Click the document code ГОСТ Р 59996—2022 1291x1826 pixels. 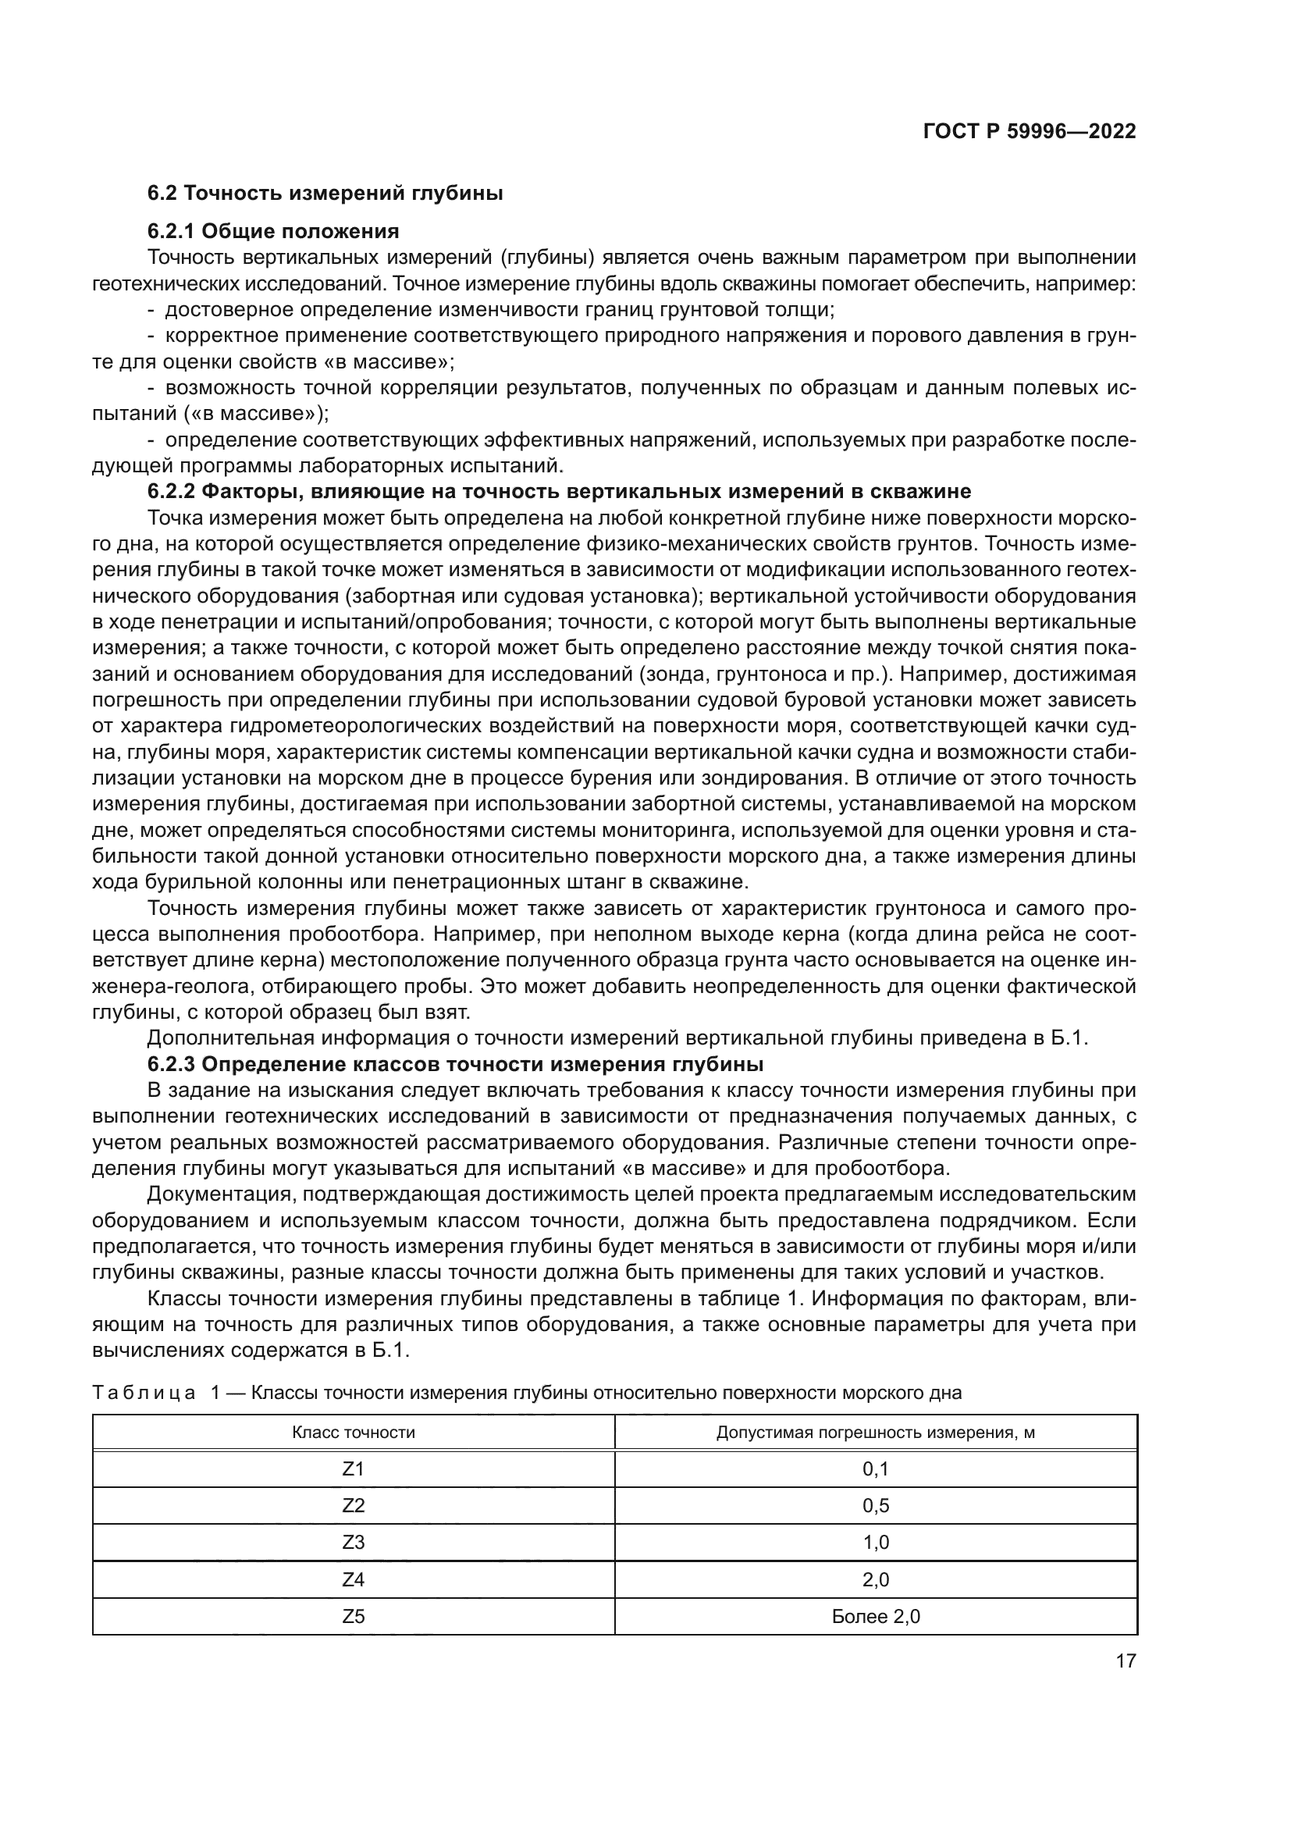(x=1029, y=132)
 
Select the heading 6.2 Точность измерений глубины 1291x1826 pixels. (x=325, y=194)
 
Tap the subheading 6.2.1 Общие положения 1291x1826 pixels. (x=272, y=231)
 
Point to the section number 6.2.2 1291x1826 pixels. (x=172, y=492)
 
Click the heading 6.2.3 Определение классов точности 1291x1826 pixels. (x=455, y=1064)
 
